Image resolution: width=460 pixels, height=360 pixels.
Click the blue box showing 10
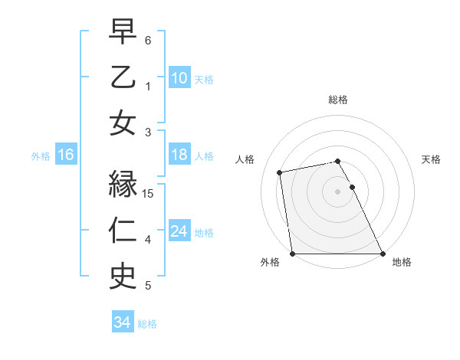click(x=179, y=78)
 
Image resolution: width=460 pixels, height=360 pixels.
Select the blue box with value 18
click(x=179, y=155)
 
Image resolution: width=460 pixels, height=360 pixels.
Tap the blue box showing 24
click(x=179, y=232)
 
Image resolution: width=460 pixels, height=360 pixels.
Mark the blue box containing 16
click(x=66, y=155)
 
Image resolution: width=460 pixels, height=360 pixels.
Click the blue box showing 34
click(x=122, y=323)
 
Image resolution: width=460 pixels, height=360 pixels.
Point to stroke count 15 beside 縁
click(x=149, y=193)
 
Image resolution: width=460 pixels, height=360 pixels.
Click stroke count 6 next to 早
click(x=148, y=40)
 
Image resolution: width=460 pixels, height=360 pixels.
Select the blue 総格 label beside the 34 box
click(x=147, y=324)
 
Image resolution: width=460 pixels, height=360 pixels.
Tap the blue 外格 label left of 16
click(x=41, y=156)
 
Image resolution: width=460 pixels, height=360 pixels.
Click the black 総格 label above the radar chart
click(x=337, y=100)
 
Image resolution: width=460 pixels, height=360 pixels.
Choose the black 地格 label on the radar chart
click(x=402, y=262)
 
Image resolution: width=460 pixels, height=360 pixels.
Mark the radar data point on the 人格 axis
click(x=281, y=172)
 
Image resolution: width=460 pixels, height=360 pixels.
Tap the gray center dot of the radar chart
click(x=337, y=191)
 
